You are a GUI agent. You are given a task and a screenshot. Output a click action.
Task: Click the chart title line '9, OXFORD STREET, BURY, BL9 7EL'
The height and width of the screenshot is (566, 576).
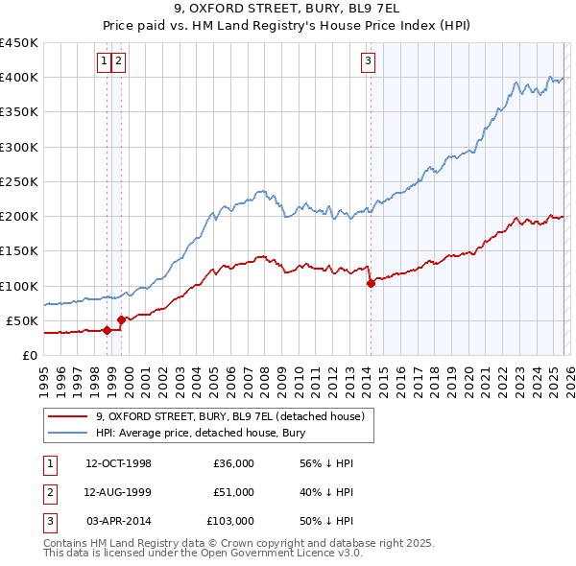[288, 11]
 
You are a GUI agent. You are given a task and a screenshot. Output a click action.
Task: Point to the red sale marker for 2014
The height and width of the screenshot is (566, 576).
[371, 283]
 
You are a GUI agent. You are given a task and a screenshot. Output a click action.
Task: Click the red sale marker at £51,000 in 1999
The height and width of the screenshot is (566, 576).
[121, 319]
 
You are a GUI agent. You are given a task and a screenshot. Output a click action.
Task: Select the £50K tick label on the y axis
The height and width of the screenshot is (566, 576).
[22, 320]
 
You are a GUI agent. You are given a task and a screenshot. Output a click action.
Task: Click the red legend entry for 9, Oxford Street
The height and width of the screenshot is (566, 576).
[229, 417]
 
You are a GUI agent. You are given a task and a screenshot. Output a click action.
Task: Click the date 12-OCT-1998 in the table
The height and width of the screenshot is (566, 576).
[118, 463]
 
